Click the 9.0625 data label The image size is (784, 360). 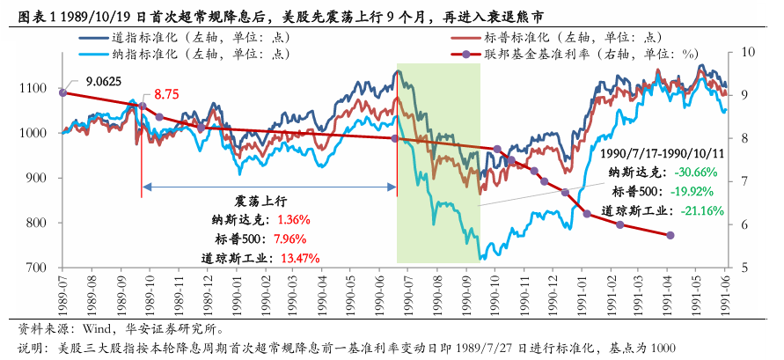click(103, 81)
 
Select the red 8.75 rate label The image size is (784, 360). click(166, 94)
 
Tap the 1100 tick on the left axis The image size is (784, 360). click(39, 89)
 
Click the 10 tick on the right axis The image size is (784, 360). click(747, 52)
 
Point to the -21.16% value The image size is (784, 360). click(699, 210)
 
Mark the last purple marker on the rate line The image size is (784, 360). click(671, 235)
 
